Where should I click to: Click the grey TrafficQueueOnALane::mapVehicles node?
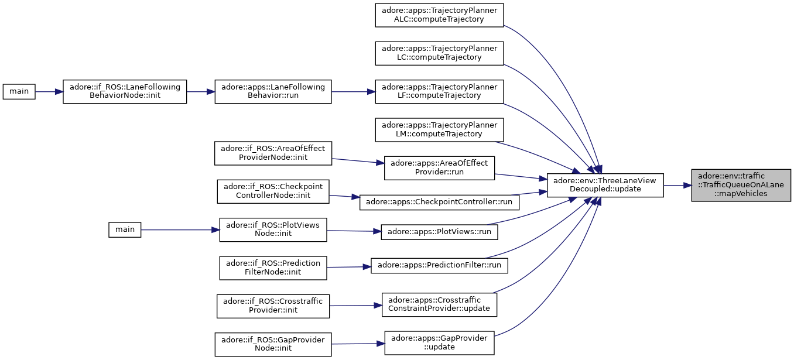(741, 186)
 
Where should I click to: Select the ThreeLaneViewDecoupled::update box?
(605, 186)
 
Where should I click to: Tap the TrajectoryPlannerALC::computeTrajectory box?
(439, 15)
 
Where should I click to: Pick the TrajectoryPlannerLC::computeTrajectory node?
(439, 53)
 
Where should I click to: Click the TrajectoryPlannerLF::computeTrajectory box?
(439, 92)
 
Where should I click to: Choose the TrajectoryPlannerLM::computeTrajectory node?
(439, 130)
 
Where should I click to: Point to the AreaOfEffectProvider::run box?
(439, 168)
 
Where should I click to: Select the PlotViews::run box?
(439, 232)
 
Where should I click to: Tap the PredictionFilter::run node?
(439, 265)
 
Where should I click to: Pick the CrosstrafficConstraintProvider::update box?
(439, 305)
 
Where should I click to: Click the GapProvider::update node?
(439, 343)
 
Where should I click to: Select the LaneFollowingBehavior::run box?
(273, 92)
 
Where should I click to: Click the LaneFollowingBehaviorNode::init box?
(125, 92)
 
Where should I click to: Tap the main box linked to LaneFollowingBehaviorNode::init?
(19, 92)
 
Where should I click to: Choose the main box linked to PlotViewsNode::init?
(125, 230)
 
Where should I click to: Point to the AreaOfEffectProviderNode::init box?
(273, 153)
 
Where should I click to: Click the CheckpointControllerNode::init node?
(273, 191)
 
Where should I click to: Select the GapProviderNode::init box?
(273, 344)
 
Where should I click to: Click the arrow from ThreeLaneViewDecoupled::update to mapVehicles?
(677, 186)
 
